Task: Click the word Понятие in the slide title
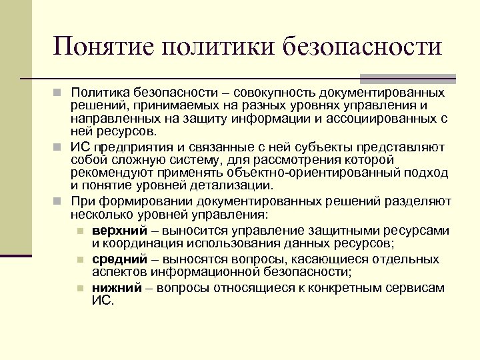[99, 47]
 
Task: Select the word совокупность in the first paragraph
[275, 92]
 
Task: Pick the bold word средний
[115, 259]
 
